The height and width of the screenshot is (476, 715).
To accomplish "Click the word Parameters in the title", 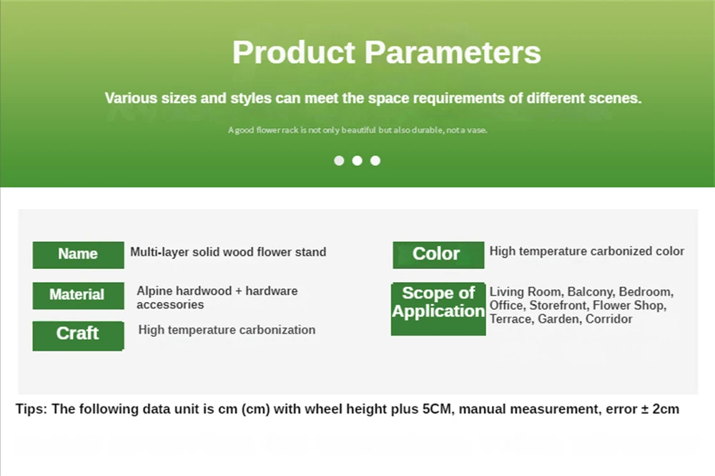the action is coord(453,52).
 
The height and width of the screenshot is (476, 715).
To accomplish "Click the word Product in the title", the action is coord(294,52).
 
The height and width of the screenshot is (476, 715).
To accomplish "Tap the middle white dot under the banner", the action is coord(357,160).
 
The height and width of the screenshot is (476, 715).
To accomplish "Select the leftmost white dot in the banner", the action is coord(339,160).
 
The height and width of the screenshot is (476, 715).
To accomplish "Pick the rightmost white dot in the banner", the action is coord(375,160).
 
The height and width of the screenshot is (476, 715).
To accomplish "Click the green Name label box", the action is coord(79,255).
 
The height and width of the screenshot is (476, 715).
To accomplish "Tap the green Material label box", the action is coord(79,296).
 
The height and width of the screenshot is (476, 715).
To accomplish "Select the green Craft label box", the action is coord(79,336).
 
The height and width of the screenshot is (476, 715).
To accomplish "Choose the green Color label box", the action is coord(438,255).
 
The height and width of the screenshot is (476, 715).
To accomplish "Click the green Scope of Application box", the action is coord(438,309).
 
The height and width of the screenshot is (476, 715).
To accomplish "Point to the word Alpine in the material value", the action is coord(154,291).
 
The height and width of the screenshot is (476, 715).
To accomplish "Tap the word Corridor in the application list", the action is coord(608,319).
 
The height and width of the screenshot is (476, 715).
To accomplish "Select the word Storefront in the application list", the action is coord(559,306).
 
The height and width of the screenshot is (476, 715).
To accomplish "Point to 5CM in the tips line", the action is coord(438,409).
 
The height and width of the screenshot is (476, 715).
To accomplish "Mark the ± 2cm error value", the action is coord(660,409).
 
